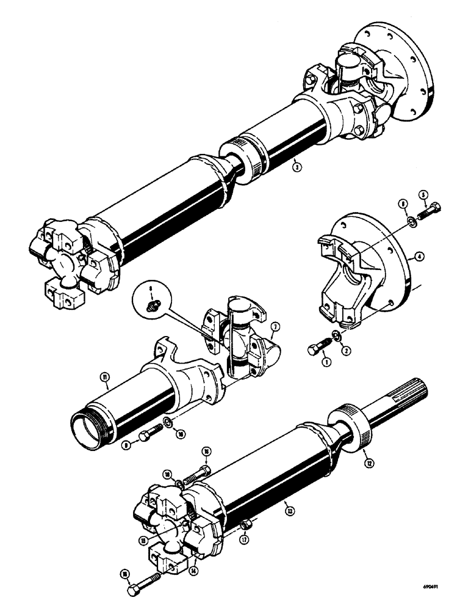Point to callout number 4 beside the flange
click(x=419, y=257)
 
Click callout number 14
click(x=194, y=571)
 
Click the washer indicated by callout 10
click(x=167, y=422)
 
